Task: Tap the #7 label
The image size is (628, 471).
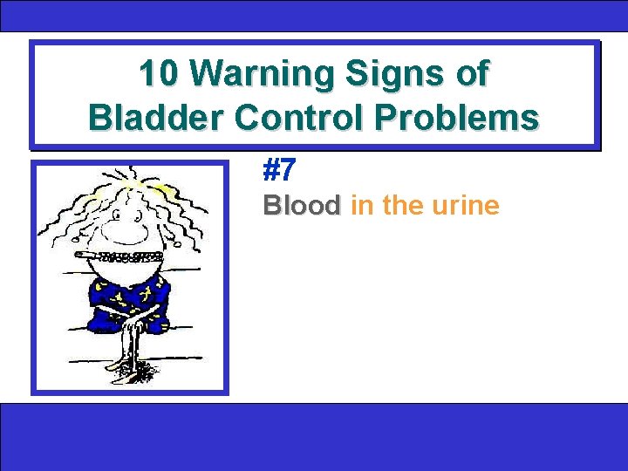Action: (x=281, y=169)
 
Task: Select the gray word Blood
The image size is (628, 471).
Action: (x=302, y=206)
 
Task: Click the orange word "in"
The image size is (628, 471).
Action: (x=360, y=206)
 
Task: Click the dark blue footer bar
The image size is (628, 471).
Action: (x=314, y=436)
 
